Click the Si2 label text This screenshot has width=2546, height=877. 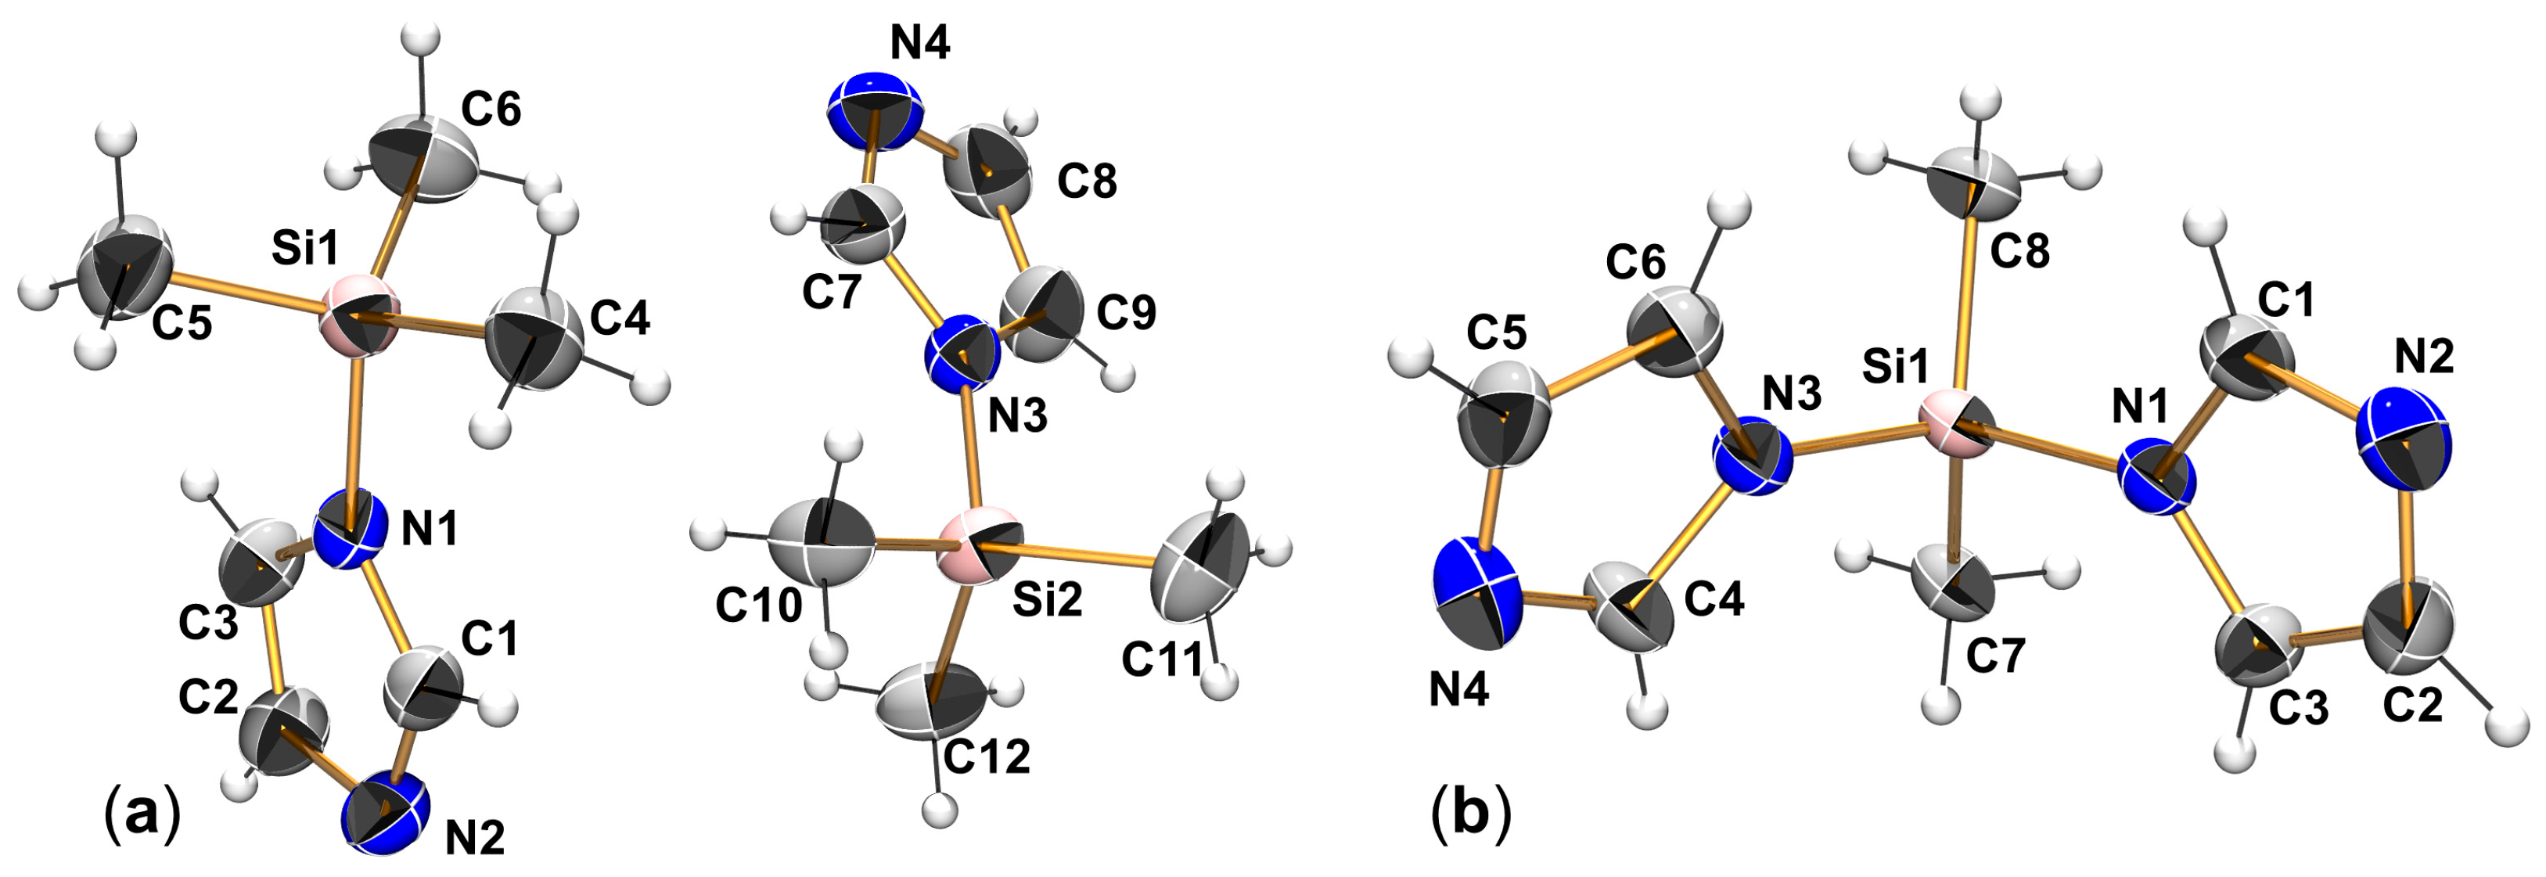(x=1047, y=599)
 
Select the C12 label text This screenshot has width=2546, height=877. (x=987, y=757)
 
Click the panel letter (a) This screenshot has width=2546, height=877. (x=142, y=814)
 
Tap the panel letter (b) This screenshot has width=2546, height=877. (x=1471, y=814)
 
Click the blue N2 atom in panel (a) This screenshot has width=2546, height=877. (x=386, y=814)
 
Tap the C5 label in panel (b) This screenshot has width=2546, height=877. (x=1496, y=333)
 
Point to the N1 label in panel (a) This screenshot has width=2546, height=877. (x=430, y=531)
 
